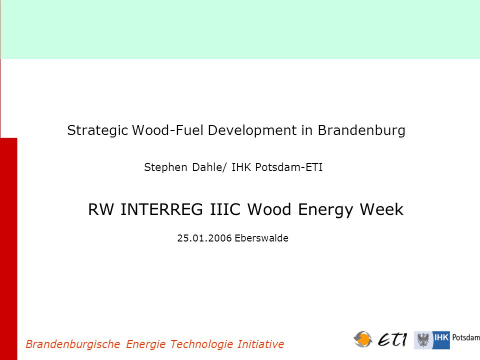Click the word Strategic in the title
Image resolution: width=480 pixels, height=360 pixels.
pos(97,130)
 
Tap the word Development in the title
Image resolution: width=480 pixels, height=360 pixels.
pos(252,130)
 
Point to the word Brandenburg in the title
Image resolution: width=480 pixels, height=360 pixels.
pos(361,130)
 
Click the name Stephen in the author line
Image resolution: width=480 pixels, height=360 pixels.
pos(165,167)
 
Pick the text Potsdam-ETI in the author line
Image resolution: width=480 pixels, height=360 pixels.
pos(289,167)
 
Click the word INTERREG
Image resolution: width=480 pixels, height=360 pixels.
pos(161,209)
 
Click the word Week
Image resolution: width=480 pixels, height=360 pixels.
pos(381,209)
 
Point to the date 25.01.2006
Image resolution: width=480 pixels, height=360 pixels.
pos(204,238)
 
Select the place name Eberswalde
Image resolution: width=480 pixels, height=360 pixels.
pos(261,238)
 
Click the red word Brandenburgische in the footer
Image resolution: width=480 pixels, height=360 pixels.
pos(73,344)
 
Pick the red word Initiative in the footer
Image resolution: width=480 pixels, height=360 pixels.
pos(260,344)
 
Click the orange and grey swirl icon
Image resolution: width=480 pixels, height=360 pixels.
pos(363,339)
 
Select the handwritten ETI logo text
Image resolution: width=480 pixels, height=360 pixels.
pos(392,339)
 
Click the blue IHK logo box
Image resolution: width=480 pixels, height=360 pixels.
pos(441,340)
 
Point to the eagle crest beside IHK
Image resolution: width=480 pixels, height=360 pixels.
pos(423,340)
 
